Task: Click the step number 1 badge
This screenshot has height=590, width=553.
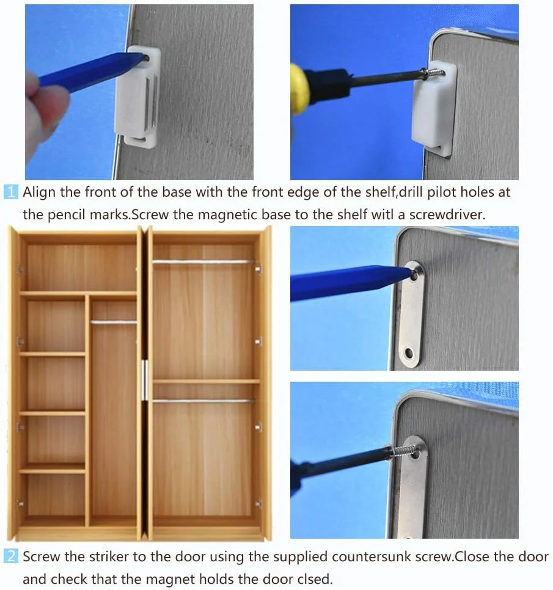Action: tap(11, 192)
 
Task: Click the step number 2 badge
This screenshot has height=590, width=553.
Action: tap(11, 556)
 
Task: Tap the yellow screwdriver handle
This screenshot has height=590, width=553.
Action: tap(300, 89)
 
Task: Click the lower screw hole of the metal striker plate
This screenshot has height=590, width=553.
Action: tap(409, 354)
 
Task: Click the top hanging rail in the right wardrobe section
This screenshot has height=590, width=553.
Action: tap(204, 261)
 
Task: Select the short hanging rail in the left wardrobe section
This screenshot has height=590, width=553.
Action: tap(114, 322)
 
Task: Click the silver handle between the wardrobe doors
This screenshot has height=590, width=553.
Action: tap(145, 380)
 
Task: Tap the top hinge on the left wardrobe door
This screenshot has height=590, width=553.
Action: tap(20, 269)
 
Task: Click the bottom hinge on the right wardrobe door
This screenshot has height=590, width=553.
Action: tap(258, 503)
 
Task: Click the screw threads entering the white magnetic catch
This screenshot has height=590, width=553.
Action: tap(434, 73)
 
